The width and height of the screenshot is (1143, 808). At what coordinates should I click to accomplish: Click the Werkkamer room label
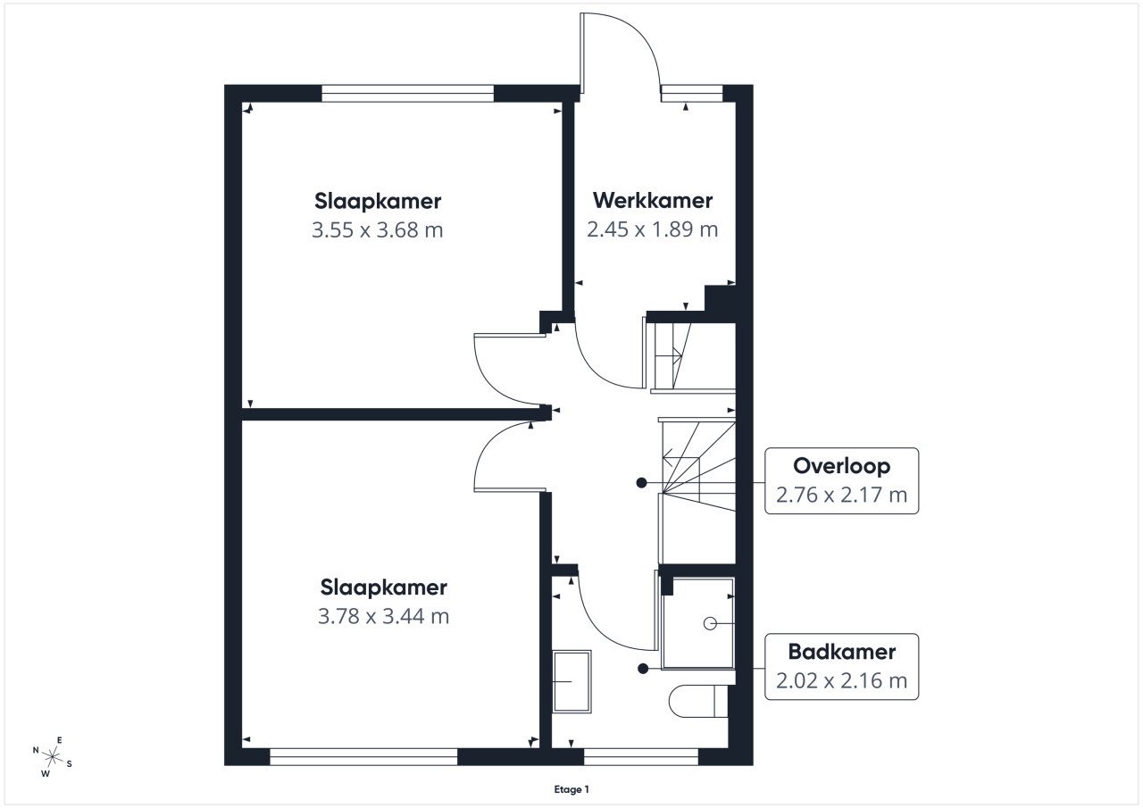(653, 201)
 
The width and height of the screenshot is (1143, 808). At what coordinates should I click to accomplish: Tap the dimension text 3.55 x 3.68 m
(377, 230)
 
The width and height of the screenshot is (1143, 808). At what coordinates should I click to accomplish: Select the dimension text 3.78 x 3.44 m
(383, 616)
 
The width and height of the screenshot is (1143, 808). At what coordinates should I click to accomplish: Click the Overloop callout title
(841, 466)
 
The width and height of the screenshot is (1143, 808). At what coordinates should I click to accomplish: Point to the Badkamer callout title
(841, 652)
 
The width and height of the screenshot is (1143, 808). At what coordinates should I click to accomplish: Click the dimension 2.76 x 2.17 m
(841, 495)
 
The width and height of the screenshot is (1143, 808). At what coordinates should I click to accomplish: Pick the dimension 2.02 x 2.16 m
(841, 680)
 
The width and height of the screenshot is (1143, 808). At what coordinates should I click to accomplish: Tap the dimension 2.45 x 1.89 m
(652, 229)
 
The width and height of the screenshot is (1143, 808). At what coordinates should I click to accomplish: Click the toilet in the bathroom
(698, 701)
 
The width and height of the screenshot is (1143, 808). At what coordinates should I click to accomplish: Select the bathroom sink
(572, 681)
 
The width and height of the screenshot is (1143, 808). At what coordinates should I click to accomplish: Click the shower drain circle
(710, 623)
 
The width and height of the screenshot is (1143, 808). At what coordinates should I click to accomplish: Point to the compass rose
(52, 756)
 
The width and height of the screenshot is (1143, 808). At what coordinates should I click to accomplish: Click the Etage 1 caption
(571, 789)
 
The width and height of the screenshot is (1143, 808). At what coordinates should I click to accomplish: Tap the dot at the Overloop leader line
(641, 482)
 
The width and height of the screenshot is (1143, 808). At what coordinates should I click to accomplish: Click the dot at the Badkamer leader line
(643, 668)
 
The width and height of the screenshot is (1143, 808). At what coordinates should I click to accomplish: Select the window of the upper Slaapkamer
(408, 94)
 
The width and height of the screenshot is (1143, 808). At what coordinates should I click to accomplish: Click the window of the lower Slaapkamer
(363, 756)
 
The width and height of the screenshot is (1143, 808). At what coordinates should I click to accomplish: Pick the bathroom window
(641, 756)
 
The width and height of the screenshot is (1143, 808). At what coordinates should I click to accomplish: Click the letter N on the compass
(36, 750)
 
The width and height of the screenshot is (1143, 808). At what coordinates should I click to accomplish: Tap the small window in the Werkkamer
(692, 94)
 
